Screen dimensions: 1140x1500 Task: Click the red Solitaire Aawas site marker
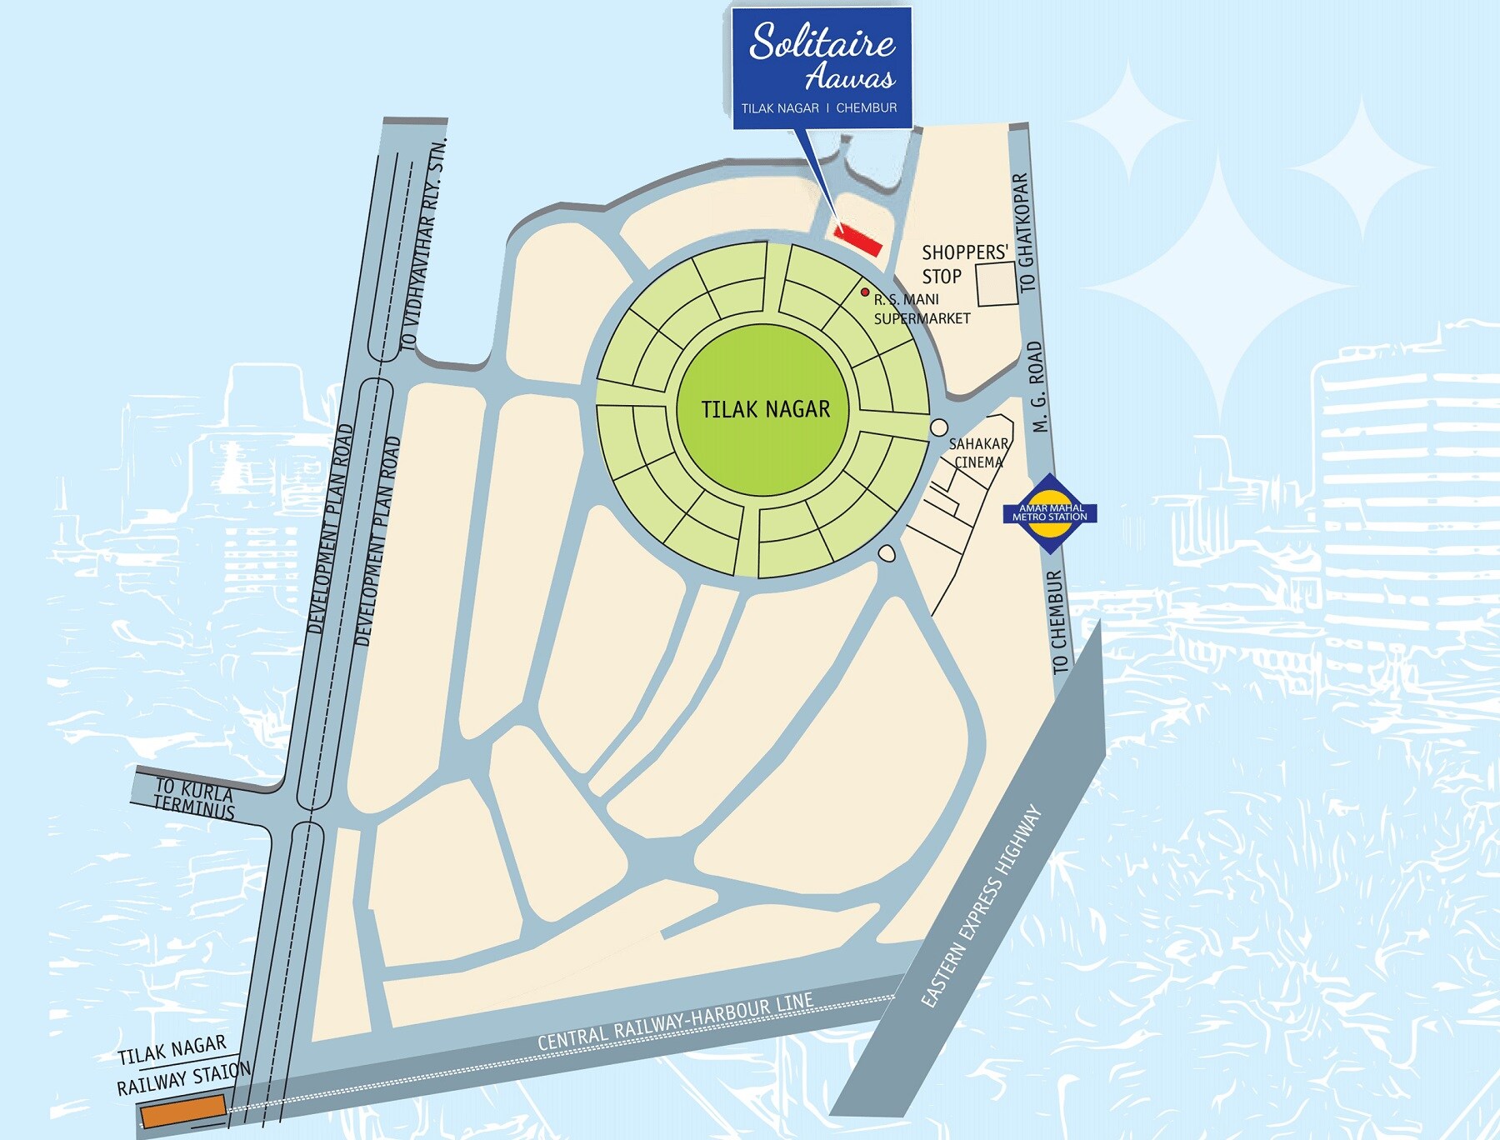pos(858,239)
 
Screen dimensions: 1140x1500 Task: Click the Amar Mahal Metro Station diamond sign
pos(1050,512)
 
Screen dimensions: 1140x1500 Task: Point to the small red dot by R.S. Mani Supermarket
pos(865,292)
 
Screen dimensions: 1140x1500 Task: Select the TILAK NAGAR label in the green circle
pos(765,409)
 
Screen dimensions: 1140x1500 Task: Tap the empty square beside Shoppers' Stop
pos(997,284)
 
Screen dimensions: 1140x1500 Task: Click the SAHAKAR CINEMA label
pos(978,452)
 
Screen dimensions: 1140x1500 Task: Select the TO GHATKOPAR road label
pos(1024,232)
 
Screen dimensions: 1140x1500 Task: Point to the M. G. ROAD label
pos(1036,387)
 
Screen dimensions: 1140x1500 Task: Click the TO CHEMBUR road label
pos(1057,622)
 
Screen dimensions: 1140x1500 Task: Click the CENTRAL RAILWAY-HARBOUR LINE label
pos(675,1022)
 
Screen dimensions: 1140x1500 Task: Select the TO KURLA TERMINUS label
pos(194,798)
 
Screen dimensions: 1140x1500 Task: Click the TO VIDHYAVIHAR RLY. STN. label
pos(423,244)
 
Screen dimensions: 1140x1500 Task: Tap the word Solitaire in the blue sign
pos(822,42)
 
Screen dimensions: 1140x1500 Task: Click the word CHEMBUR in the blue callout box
pos(866,108)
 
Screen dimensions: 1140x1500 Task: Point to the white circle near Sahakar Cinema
pos(938,427)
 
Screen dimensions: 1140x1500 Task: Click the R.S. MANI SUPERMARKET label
pos(920,308)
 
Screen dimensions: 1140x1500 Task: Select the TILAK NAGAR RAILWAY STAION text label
pos(182,1066)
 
